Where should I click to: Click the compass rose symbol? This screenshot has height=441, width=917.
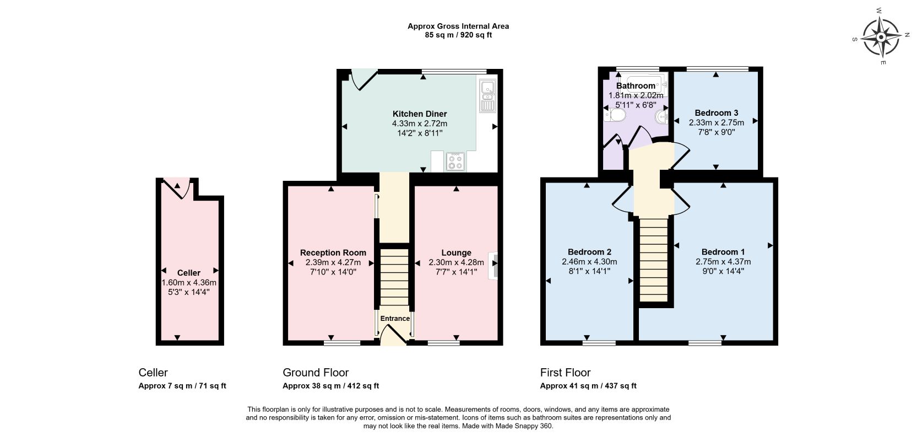(x=881, y=37)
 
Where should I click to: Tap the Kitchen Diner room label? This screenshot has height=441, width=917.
(x=420, y=114)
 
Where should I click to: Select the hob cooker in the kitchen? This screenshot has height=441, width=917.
(x=455, y=161)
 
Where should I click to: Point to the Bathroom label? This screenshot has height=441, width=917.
(x=636, y=85)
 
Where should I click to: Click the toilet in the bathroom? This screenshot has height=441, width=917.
(x=614, y=116)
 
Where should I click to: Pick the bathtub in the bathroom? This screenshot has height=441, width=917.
(x=647, y=85)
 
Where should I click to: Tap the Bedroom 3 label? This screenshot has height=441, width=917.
(x=717, y=112)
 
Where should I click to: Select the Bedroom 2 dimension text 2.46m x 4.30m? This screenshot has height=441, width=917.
(x=589, y=261)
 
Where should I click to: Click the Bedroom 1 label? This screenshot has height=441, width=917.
(x=723, y=252)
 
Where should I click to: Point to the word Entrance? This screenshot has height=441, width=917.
(x=395, y=319)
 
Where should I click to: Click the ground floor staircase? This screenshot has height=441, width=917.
(x=395, y=277)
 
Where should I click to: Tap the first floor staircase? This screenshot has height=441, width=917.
(x=654, y=260)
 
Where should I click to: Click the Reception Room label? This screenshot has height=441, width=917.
(x=333, y=253)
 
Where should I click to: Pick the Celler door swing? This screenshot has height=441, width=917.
(x=177, y=188)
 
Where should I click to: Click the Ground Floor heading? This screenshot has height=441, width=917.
(x=316, y=373)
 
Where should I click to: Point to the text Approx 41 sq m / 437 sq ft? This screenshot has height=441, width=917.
(x=588, y=386)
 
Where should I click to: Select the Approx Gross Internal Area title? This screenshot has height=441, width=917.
(x=458, y=26)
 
